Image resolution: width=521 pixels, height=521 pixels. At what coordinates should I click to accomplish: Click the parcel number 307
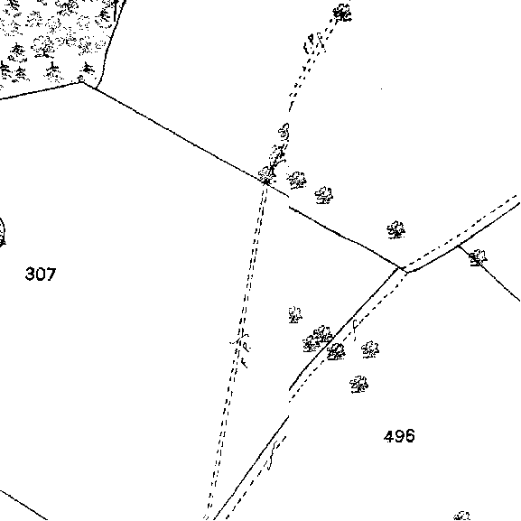coord(41,274)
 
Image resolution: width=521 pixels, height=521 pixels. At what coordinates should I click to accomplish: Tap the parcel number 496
coord(399,436)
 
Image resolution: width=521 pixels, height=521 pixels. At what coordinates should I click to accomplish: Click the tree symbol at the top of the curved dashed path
coord(342,14)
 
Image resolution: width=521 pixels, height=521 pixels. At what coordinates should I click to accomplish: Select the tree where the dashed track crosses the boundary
coord(266,175)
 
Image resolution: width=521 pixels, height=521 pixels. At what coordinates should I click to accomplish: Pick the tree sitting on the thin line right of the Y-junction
coord(478,257)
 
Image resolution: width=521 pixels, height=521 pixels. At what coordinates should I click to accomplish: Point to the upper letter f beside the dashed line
coord(355,330)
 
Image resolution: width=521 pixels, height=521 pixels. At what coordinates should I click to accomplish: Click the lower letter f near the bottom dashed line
coord(273,456)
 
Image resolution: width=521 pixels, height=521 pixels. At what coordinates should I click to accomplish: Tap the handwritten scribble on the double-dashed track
coord(242,348)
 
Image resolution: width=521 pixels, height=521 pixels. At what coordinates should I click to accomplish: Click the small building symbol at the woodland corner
coord(80,79)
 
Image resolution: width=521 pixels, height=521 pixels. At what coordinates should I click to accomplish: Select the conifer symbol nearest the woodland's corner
coord(88,69)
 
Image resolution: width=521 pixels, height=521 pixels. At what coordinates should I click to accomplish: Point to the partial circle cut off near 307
coord(3,232)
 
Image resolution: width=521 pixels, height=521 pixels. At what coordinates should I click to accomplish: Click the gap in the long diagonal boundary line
coord(288,200)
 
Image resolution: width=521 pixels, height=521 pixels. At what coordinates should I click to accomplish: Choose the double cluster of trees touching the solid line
coord(317,339)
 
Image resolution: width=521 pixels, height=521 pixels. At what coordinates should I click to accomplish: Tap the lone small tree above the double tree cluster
coord(295,314)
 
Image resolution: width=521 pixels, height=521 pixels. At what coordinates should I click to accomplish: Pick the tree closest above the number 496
coord(358,385)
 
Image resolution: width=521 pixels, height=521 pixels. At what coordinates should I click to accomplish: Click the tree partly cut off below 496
coord(462,516)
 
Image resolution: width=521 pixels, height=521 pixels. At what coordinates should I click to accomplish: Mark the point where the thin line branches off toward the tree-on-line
coord(459,246)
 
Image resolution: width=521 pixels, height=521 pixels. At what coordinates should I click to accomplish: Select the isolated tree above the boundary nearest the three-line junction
coord(395,230)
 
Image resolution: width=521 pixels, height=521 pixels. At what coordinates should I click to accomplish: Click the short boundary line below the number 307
coord(23,505)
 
